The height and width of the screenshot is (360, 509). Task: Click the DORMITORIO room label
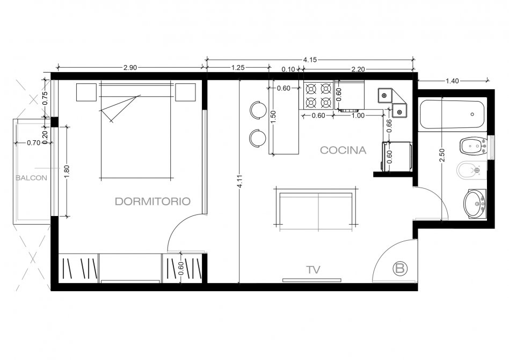coord(152,201)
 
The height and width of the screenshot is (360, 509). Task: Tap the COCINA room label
coord(343,150)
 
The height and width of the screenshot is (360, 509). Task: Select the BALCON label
coord(31,178)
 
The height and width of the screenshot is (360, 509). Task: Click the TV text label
coord(313,270)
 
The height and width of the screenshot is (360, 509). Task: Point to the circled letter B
coord(400,268)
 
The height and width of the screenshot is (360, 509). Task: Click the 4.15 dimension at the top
coord(310,60)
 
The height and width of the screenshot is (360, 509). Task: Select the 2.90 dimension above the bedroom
coord(130,68)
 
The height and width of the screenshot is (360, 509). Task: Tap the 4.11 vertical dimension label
coord(239,181)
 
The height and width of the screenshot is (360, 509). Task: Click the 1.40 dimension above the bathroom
coord(452,81)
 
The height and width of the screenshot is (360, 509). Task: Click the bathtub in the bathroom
coord(452,114)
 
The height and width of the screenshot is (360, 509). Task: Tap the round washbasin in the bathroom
coord(475,203)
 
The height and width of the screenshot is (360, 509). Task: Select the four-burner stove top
coord(318,95)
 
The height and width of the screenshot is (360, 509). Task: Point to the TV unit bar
coord(311,280)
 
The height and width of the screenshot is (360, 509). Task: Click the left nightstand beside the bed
coord(86,92)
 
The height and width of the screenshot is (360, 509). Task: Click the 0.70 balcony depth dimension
coord(33,142)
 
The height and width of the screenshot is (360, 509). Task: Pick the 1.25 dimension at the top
coord(238,68)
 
